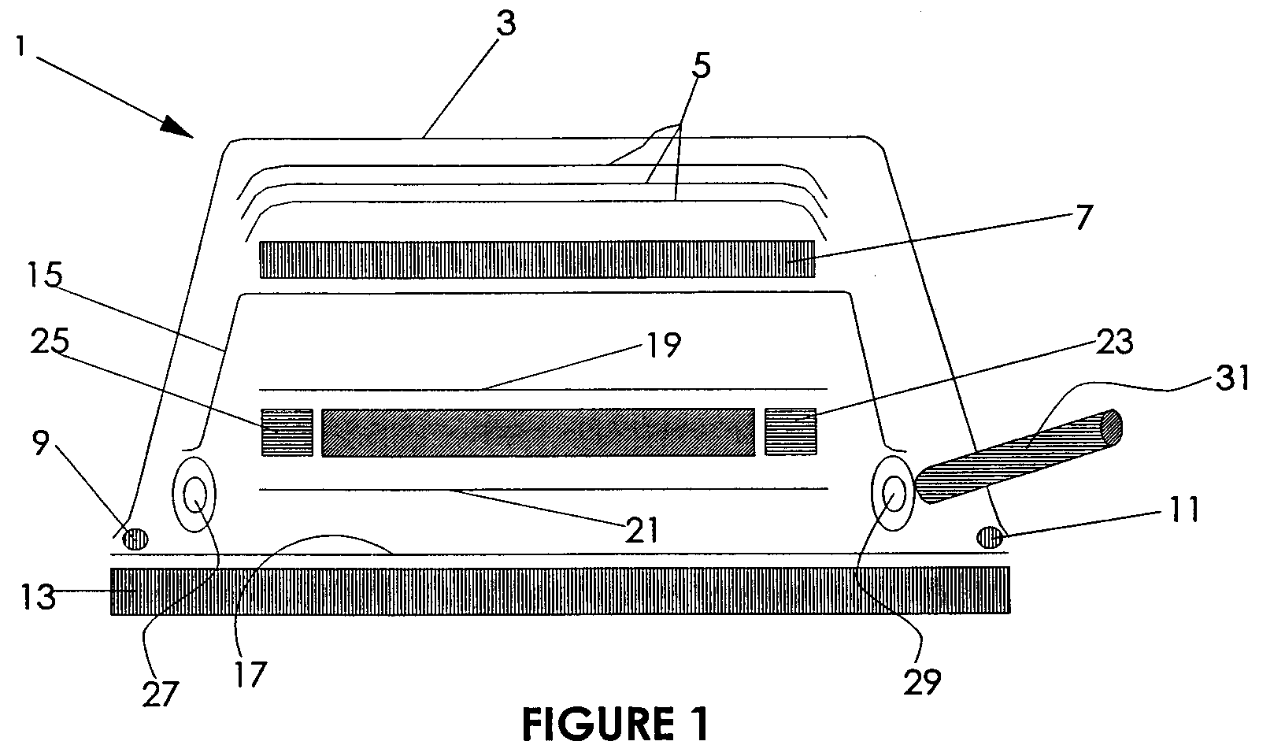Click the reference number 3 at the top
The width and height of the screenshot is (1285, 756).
[x=505, y=24]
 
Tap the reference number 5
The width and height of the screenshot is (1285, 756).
[x=701, y=65]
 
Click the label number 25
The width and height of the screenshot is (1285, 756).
[x=50, y=341]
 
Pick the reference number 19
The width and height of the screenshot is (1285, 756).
[x=663, y=345]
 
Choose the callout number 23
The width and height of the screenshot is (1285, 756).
[x=1114, y=341]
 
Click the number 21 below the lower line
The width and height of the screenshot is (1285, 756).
[x=641, y=530]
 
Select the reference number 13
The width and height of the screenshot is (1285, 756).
[x=38, y=597]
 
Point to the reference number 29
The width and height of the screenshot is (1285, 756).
[x=922, y=682]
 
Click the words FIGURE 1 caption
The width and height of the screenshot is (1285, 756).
[x=616, y=724]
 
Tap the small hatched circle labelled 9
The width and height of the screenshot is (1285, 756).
[x=136, y=539]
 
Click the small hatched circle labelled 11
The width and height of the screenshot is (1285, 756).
[x=989, y=537]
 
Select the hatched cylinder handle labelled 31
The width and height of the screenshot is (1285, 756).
[x=1018, y=457]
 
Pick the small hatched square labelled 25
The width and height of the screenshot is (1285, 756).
[x=287, y=432]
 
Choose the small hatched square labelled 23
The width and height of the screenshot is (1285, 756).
[x=791, y=432]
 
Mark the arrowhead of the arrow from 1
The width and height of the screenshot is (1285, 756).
[x=193, y=138]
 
